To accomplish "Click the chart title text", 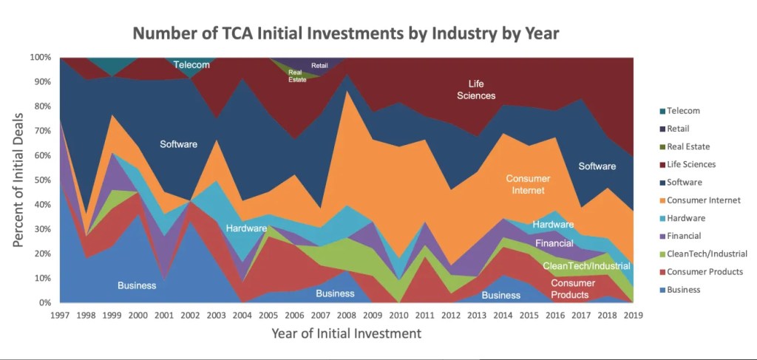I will pyautogui.click(x=345, y=33).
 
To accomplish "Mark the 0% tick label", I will pyautogui.click(x=44, y=303).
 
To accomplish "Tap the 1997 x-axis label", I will pyautogui.click(x=61, y=316).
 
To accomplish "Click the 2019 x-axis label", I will pyautogui.click(x=634, y=316).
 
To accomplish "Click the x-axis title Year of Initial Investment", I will pyautogui.click(x=346, y=334).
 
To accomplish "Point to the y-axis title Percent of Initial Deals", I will pyautogui.click(x=18, y=180).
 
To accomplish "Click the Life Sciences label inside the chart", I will pyautogui.click(x=475, y=89).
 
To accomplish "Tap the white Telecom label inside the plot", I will pyautogui.click(x=191, y=65).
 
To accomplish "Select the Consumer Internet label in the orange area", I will pyautogui.click(x=529, y=185).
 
